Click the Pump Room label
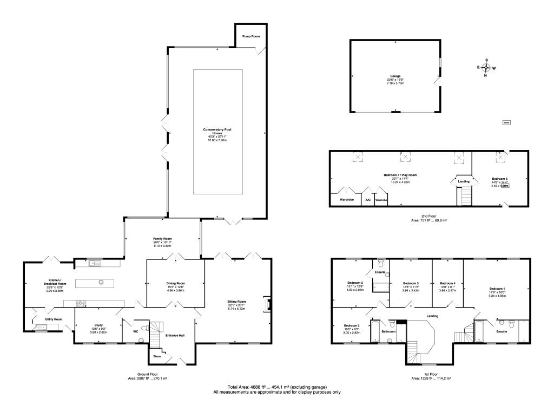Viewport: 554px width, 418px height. pyautogui.click(x=251, y=36)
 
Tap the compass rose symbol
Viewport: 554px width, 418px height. pyautogui.click(x=486, y=68)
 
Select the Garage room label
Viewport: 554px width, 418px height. pyautogui.click(x=395, y=76)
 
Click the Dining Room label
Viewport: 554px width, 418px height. pyautogui.click(x=175, y=283)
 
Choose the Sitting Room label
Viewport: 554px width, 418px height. pyautogui.click(x=238, y=302)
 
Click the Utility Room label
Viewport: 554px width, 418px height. pyautogui.click(x=54, y=319)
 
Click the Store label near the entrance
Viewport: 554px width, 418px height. pyautogui.click(x=157, y=357)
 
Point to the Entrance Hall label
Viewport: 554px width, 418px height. pyautogui.click(x=175, y=336)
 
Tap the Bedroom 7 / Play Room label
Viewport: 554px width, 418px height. pyautogui.click(x=401, y=175)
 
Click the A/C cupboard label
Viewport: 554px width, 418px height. pyautogui.click(x=367, y=200)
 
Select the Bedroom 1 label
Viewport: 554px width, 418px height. pyautogui.click(x=497, y=289)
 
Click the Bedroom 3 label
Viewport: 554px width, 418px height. pyautogui.click(x=411, y=283)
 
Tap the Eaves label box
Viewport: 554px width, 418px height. pyautogui.click(x=506, y=122)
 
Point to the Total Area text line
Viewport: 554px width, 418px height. pyautogui.click(x=276, y=387)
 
